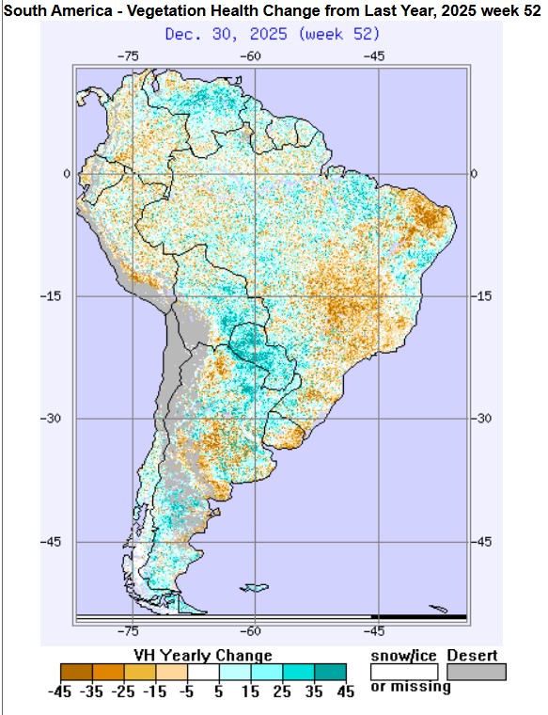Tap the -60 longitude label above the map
pyautogui.click(x=253, y=56)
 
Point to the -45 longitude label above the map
pyautogui.click(x=375, y=56)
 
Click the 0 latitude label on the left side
pyautogui.click(x=67, y=173)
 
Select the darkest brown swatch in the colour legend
pyautogui.click(x=76, y=672)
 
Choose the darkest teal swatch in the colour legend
pyautogui.click(x=331, y=672)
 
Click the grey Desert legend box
pyautogui.click(x=476, y=672)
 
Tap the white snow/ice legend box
pyautogui.click(x=404, y=672)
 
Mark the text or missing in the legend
pyautogui.click(x=411, y=687)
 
